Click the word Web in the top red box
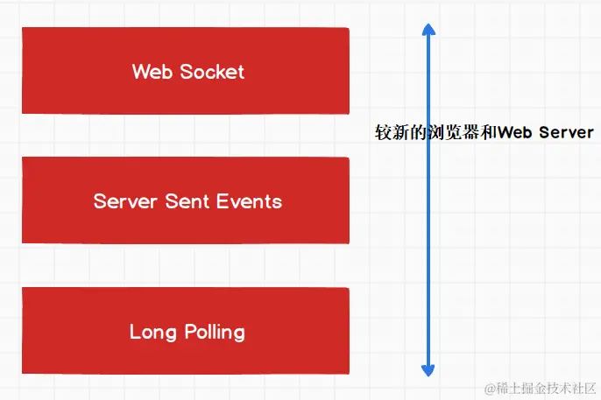coord(152,72)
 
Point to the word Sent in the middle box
coord(186,201)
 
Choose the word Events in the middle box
coord(249,201)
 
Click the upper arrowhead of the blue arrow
coord(428,29)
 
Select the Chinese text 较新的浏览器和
coord(435,133)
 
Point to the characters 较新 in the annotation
coord(390,133)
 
